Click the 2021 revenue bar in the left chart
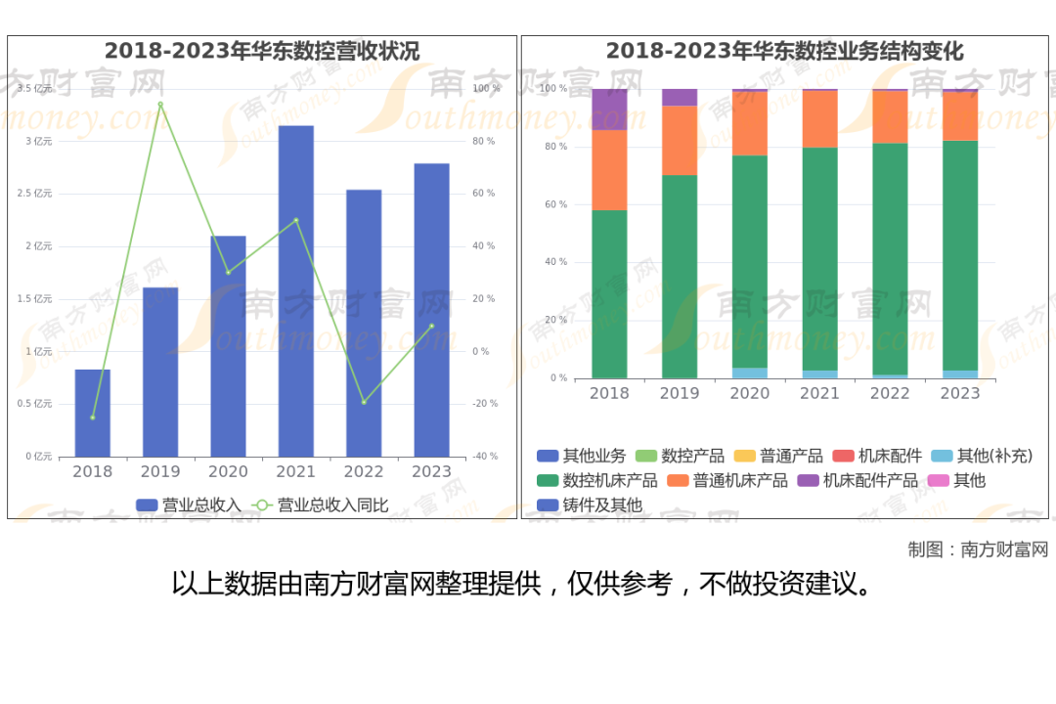(x=295, y=291)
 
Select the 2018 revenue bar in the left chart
(x=92, y=413)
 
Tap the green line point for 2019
(x=160, y=105)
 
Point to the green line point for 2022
(x=364, y=402)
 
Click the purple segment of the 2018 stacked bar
(x=609, y=110)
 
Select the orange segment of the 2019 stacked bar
(x=680, y=140)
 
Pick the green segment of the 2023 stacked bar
(x=960, y=255)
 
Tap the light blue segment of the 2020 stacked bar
(x=750, y=373)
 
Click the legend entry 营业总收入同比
(x=320, y=505)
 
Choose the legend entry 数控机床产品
(x=596, y=480)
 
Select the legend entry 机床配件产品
(x=858, y=480)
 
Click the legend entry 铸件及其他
(x=590, y=505)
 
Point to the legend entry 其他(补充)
(x=982, y=456)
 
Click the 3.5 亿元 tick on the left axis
(x=34, y=88)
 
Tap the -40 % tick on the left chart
(x=485, y=456)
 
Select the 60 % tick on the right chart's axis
(x=555, y=204)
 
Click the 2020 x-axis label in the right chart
(x=750, y=393)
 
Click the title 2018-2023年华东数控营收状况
(x=262, y=51)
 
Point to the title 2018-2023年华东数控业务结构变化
(x=784, y=51)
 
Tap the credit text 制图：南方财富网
(x=978, y=550)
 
